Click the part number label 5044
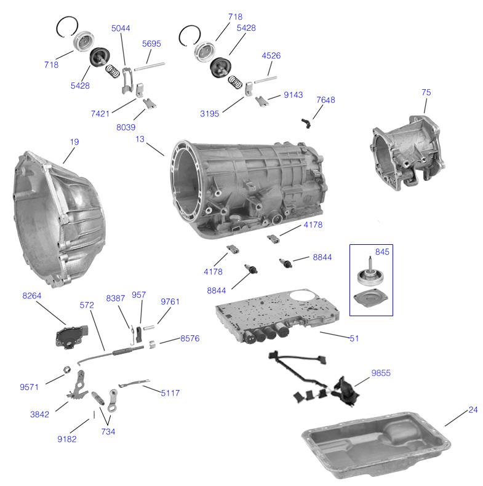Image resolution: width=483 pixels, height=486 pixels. (x=121, y=28)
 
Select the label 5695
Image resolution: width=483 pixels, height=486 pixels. (x=151, y=44)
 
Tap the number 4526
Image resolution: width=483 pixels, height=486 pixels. (x=271, y=55)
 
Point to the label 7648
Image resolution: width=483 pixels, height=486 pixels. (x=325, y=100)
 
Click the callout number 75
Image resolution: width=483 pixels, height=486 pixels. (x=426, y=92)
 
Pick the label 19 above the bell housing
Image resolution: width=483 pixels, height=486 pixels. (x=74, y=142)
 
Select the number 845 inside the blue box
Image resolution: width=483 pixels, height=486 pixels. (x=382, y=251)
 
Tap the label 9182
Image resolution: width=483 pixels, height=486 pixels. (x=67, y=439)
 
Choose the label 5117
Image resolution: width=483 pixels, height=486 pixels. (x=170, y=392)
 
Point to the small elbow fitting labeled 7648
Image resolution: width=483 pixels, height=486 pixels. (x=306, y=122)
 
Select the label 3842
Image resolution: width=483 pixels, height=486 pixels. (x=39, y=415)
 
